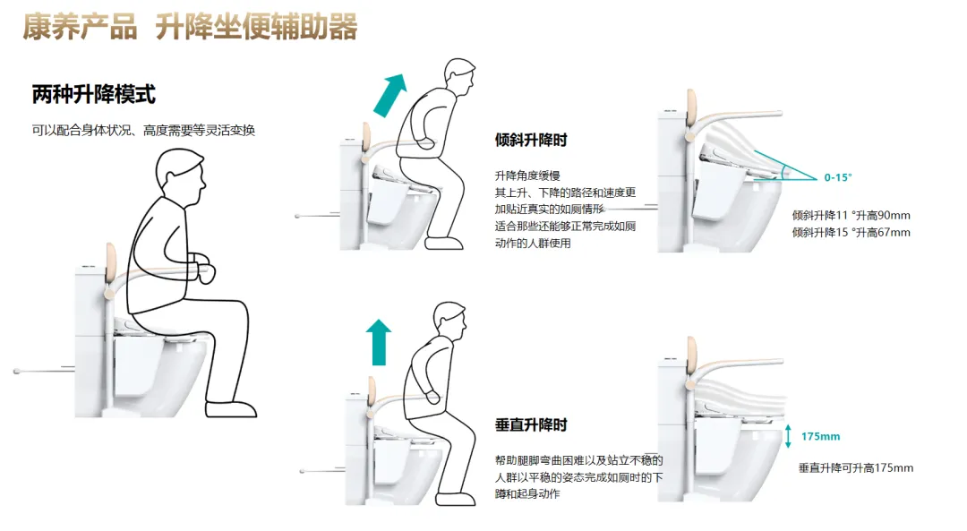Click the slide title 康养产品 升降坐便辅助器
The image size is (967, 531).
pos(190,28)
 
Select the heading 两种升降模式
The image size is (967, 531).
pos(94,94)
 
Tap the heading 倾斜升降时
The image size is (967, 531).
pos(530,141)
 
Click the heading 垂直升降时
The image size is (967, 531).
pos(530,424)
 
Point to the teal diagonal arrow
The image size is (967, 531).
pos(389,94)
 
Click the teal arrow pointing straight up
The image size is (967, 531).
pos(379,341)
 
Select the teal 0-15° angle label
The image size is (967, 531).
pos(838,177)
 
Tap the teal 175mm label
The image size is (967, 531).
pos(820,436)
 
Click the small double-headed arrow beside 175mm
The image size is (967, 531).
pos(787,436)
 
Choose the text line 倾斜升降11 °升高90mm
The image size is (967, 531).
pos(851,216)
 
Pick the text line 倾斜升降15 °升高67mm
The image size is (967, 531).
pos(851,233)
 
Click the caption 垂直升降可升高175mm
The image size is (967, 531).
pos(856,468)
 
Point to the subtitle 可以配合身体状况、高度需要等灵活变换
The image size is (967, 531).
pos(143,131)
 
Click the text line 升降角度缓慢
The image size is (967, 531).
pos(527,176)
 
